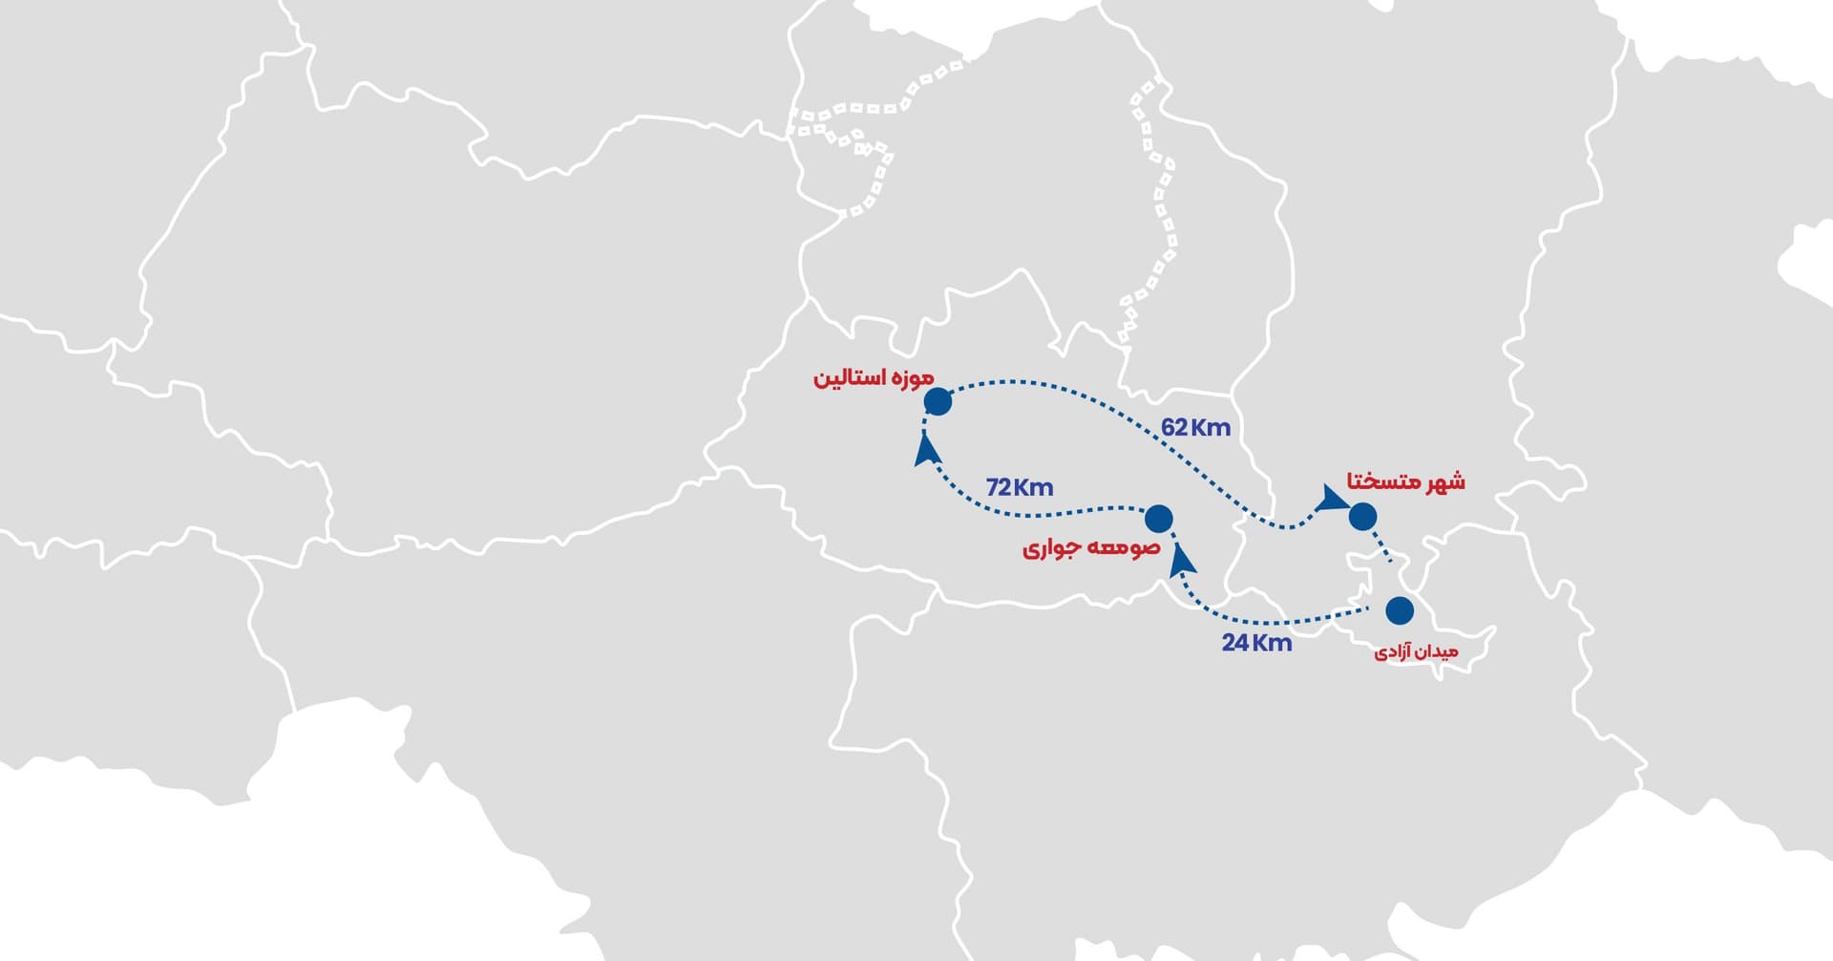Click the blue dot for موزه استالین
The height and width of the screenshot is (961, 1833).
pyautogui.click(x=938, y=401)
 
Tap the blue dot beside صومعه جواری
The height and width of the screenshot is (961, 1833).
pyautogui.click(x=1158, y=518)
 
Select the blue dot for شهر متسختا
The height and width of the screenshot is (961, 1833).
pyautogui.click(x=1362, y=516)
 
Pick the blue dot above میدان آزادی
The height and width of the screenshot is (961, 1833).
pyautogui.click(x=1400, y=609)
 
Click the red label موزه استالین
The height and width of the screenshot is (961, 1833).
pyautogui.click(x=873, y=377)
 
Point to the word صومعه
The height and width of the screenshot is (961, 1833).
pyautogui.click(x=1126, y=548)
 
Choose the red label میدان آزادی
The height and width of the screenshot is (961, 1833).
pyautogui.click(x=1416, y=652)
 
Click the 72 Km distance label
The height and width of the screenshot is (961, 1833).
pyautogui.click(x=1020, y=487)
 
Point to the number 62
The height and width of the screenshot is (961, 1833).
pyautogui.click(x=1174, y=427)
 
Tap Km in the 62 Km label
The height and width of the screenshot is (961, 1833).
pyautogui.click(x=1211, y=427)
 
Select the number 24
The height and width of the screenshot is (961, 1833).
pyautogui.click(x=1235, y=643)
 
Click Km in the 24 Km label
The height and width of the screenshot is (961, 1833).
pyautogui.click(x=1273, y=643)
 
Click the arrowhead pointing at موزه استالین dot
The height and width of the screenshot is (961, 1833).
pyautogui.click(x=924, y=449)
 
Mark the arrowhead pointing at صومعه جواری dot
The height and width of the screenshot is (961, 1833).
pyautogui.click(x=1182, y=557)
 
